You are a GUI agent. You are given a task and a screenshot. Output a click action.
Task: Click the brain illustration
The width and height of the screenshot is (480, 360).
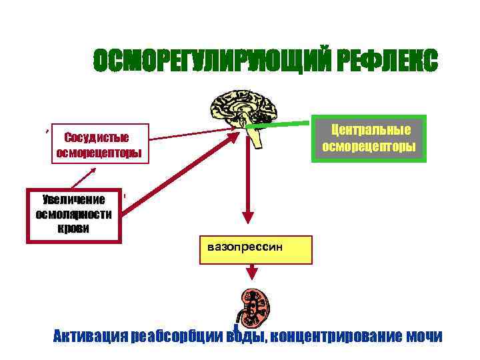tap(243, 110)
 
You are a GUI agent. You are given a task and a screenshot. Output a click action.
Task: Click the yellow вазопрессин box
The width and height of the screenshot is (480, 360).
tap(255, 249)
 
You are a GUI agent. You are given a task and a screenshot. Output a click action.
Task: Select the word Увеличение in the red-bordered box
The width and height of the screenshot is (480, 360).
tap(73, 200)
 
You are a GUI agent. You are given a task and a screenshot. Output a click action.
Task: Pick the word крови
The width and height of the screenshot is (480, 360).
tap(73, 227)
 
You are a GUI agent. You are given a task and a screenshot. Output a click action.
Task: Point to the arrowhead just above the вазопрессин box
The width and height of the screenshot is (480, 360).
tap(247, 217)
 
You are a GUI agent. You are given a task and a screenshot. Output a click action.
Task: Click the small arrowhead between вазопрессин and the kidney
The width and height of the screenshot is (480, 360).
tap(254, 273)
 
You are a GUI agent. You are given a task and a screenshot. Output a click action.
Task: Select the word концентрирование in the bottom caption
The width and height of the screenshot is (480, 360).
tap(337, 336)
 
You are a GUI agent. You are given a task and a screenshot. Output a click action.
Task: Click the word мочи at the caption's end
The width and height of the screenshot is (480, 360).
tap(424, 336)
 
